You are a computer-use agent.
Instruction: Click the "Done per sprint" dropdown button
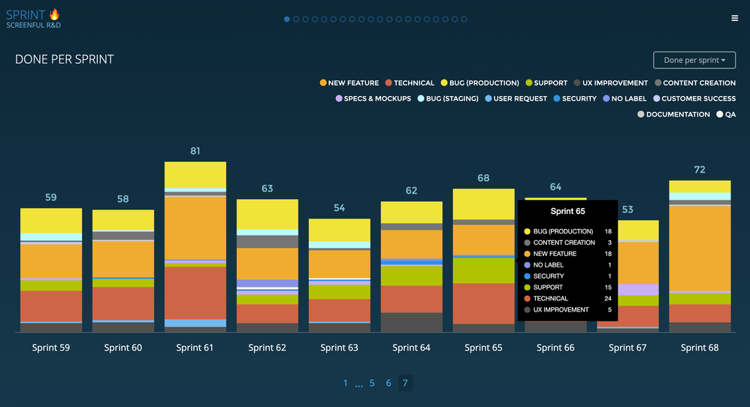click(694, 60)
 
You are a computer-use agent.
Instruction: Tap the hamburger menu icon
click(734, 18)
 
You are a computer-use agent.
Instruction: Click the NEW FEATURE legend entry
click(349, 83)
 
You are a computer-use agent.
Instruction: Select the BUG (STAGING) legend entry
click(447, 98)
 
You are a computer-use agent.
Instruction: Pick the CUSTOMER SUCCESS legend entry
click(694, 98)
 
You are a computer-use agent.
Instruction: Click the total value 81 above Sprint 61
click(195, 151)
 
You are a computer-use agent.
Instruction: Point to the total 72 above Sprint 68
click(700, 170)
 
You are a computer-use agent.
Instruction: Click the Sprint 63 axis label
click(339, 348)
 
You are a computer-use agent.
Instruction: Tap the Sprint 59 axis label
click(50, 348)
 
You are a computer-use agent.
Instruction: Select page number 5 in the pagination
click(372, 383)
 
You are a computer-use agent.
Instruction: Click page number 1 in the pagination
click(346, 383)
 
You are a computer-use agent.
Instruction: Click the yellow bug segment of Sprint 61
click(195, 174)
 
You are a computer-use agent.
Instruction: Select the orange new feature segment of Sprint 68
click(700, 247)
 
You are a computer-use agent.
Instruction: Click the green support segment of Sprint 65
click(483, 270)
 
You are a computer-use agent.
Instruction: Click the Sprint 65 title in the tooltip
click(567, 212)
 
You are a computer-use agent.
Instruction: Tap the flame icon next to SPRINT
click(54, 14)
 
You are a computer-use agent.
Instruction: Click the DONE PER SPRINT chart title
click(65, 59)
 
